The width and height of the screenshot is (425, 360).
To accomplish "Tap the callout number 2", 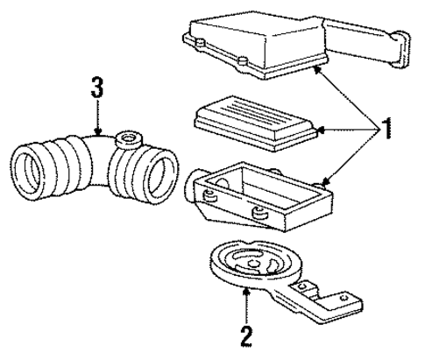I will point(247,335).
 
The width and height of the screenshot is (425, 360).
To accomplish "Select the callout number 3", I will point(96,87).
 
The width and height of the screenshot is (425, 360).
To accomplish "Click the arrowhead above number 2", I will point(248,291).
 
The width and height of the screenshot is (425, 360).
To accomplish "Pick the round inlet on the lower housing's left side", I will point(192,186).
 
